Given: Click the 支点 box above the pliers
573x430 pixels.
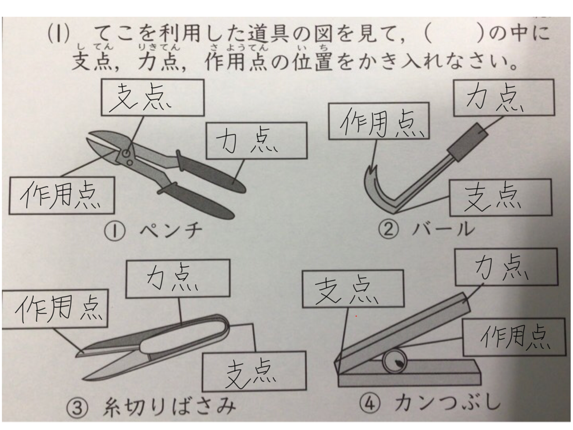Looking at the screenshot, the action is coord(153,97).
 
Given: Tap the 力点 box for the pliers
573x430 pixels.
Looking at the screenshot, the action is coord(257,141).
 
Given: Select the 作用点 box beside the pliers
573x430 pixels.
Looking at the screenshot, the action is coord(62,196).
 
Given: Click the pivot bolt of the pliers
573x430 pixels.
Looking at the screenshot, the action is coord(126,153).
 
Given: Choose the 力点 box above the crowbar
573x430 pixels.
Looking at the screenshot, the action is coord(504,98).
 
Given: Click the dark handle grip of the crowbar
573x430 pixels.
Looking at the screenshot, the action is coord(468,142).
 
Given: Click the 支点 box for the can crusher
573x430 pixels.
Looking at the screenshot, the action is coord(353,289).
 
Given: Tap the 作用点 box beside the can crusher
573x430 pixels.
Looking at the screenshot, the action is coord(514,337).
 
